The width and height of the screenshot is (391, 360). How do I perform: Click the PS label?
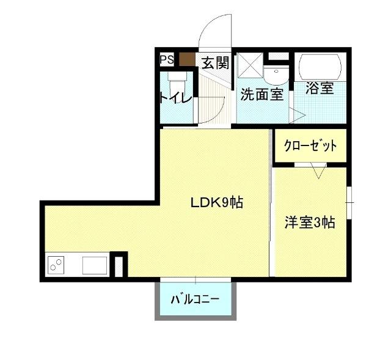(167, 60)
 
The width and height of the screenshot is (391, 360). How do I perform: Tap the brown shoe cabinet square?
(186, 60)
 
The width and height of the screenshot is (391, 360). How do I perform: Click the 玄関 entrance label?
(215, 63)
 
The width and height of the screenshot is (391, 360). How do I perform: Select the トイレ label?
(176, 98)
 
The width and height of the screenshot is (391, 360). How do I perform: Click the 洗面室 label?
(261, 95)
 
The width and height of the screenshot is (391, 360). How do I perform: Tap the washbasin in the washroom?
(278, 75)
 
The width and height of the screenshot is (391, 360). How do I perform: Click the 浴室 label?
(320, 89)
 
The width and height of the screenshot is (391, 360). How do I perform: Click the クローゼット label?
(310, 146)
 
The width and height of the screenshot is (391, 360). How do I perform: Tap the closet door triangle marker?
(317, 171)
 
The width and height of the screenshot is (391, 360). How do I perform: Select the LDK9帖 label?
(216, 202)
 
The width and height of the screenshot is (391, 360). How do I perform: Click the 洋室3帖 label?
(309, 222)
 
